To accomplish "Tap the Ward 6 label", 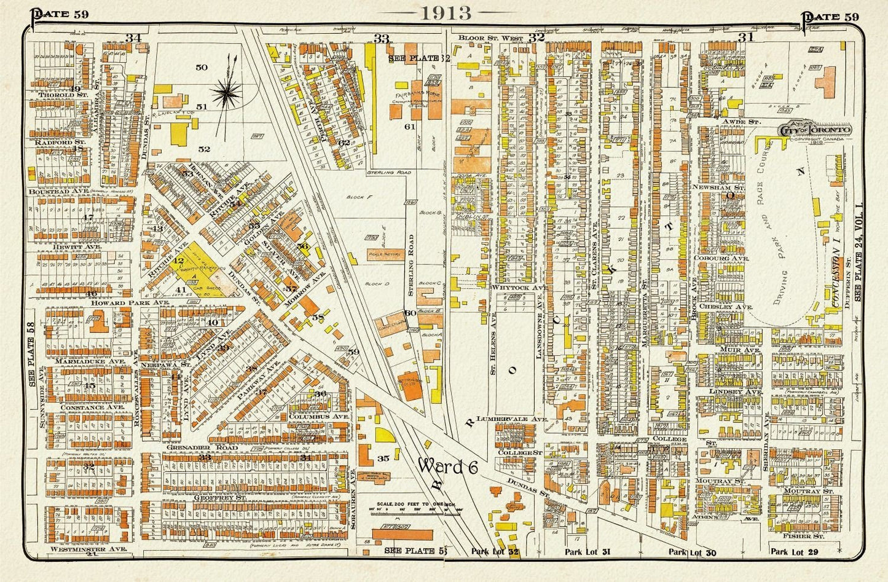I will tap(448, 466).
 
